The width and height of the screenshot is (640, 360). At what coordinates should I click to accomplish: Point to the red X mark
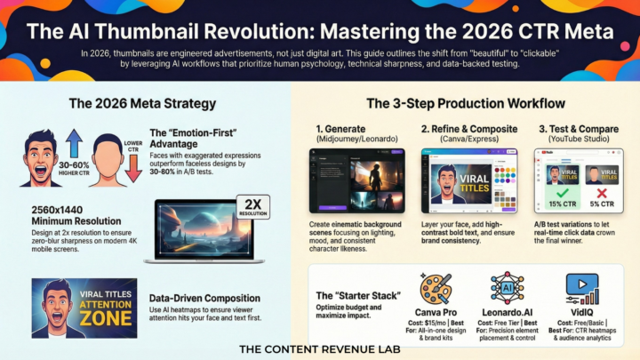(601, 192)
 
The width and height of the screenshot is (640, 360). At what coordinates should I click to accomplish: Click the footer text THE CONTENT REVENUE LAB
(320, 349)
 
